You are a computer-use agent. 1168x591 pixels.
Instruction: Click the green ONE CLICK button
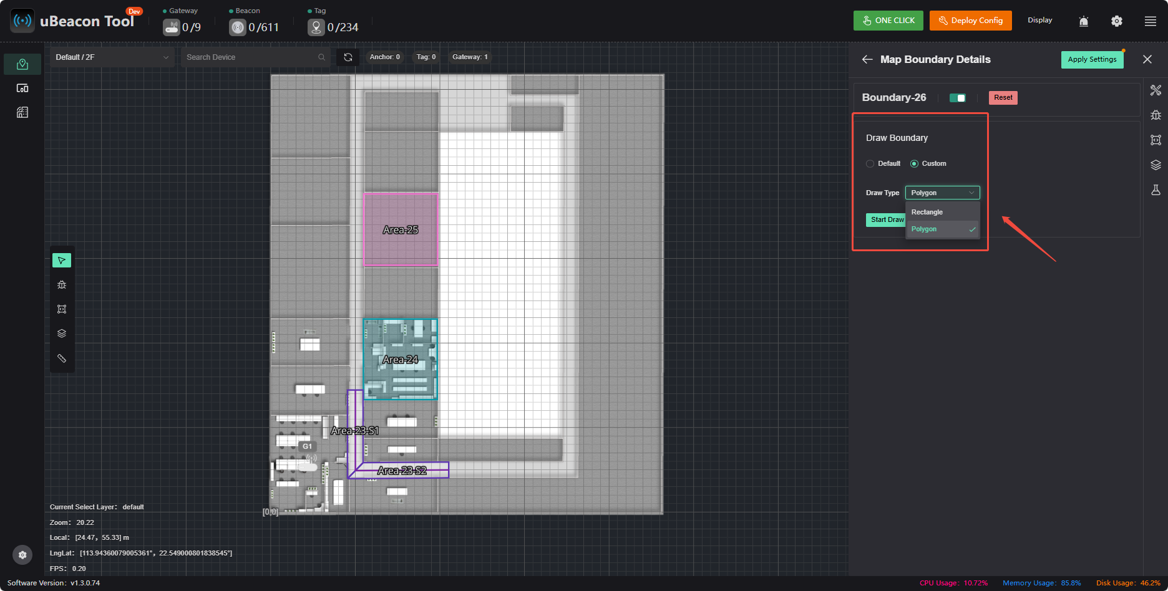(x=889, y=21)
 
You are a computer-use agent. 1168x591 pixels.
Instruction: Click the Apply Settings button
(x=1092, y=59)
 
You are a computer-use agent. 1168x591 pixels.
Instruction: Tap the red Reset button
(x=1003, y=97)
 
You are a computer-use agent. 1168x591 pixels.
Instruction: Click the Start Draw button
(x=886, y=219)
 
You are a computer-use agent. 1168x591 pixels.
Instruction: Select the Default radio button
(x=870, y=163)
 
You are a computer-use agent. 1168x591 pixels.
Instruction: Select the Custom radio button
(x=914, y=163)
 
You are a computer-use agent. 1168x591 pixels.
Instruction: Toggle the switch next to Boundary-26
(x=958, y=98)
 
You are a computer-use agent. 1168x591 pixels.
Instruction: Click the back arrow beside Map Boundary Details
(x=867, y=59)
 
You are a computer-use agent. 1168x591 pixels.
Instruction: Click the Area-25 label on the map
(x=401, y=230)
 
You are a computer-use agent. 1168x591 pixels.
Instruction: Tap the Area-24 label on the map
(x=401, y=360)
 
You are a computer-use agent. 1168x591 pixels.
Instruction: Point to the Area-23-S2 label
(x=402, y=471)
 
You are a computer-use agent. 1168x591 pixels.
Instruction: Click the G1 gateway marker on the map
(x=307, y=446)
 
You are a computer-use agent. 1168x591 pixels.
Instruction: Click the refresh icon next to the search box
(x=348, y=57)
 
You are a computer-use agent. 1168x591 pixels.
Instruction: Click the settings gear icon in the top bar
(x=1117, y=21)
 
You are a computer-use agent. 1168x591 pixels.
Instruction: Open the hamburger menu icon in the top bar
(x=1151, y=21)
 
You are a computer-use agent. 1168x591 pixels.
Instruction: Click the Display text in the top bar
(x=1040, y=20)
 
